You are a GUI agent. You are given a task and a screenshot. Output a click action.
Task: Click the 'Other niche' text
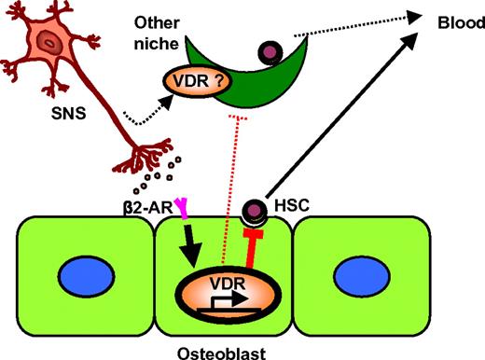pos(154,32)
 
